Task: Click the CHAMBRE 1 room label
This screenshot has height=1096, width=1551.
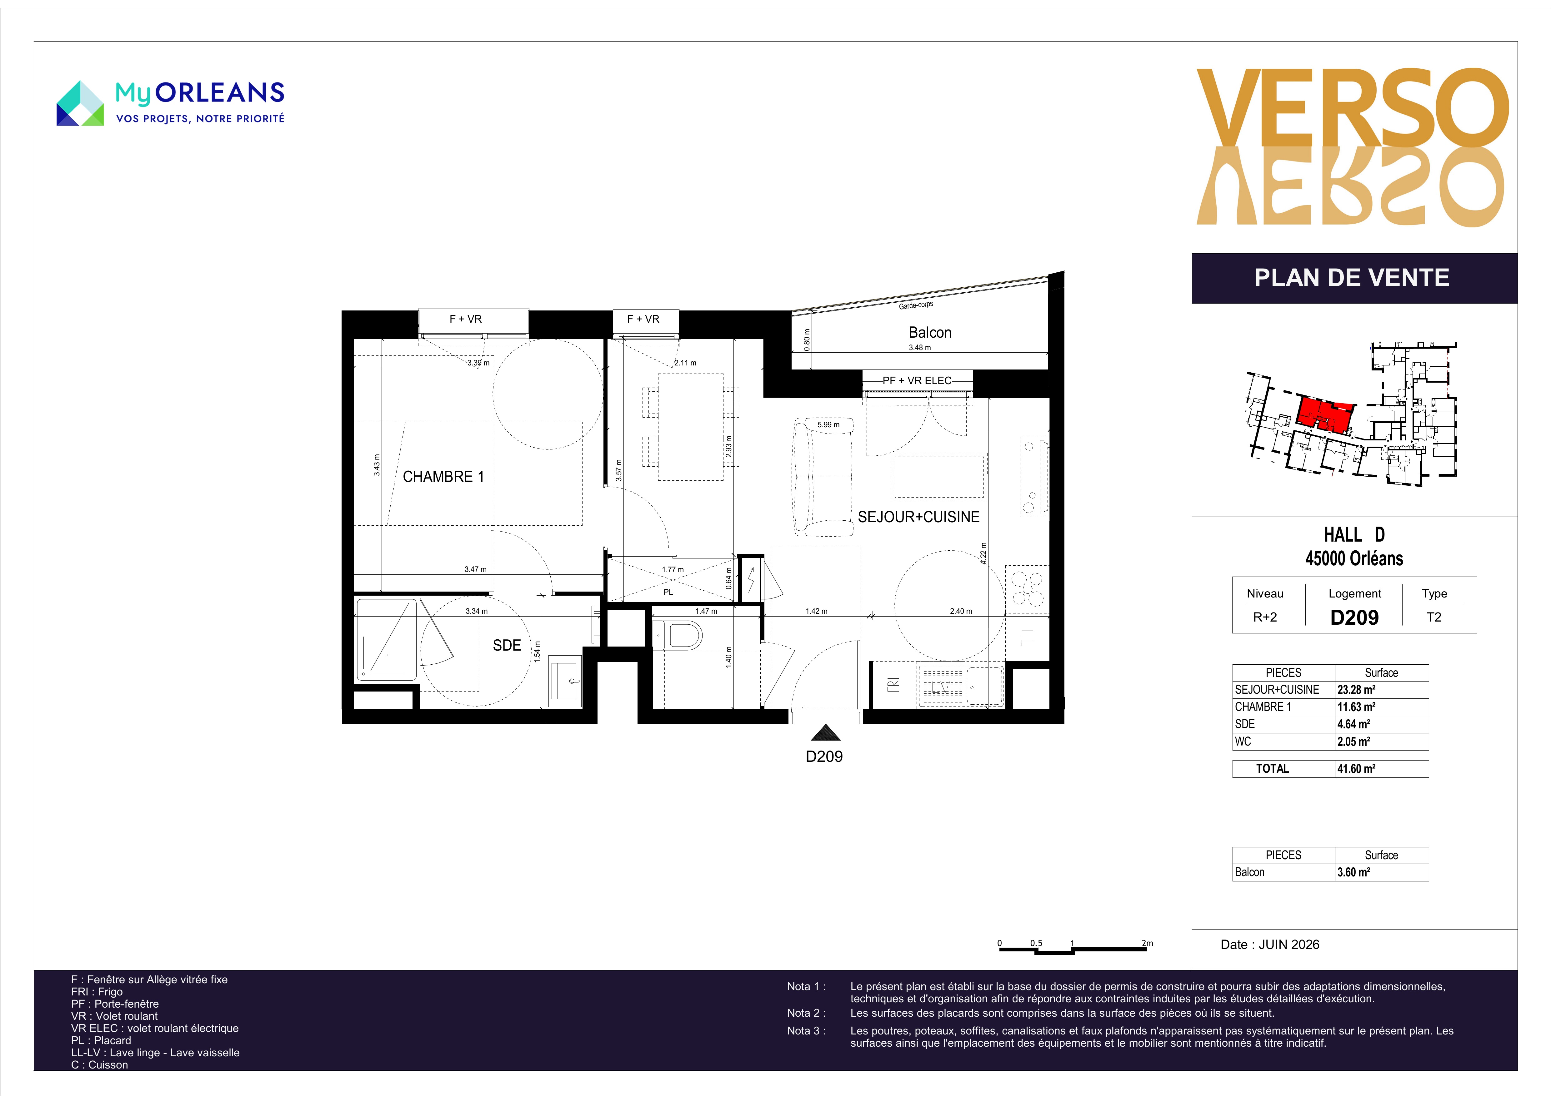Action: [x=443, y=477]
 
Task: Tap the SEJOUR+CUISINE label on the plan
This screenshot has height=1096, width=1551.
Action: [x=918, y=517]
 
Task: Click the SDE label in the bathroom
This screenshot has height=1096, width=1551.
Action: [x=507, y=646]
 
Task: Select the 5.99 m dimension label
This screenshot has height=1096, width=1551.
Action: [x=828, y=425]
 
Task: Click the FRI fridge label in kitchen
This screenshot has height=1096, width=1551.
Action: [x=893, y=685]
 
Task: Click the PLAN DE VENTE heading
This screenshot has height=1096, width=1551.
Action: [x=1352, y=278]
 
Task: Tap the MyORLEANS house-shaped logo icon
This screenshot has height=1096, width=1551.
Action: [x=80, y=103]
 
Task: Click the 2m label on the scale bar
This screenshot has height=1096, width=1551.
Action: [x=1147, y=943]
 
